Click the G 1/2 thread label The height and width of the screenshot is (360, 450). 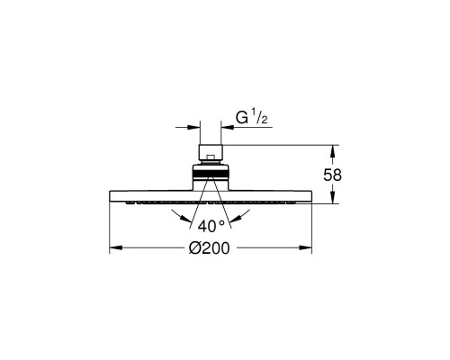[251, 118]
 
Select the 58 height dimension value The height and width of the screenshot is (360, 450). [332, 175]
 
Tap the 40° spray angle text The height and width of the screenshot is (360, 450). [211, 226]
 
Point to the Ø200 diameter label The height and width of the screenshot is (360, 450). [209, 248]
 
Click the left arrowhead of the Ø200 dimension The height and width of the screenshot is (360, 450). [116, 247]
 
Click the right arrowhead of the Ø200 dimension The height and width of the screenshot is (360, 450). [306, 247]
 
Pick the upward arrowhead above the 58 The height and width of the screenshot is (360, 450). [332, 151]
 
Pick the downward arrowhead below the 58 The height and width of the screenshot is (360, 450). [332, 198]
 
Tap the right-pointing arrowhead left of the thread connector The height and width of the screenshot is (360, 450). [193, 127]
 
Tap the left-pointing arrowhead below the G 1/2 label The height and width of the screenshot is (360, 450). [227, 127]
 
